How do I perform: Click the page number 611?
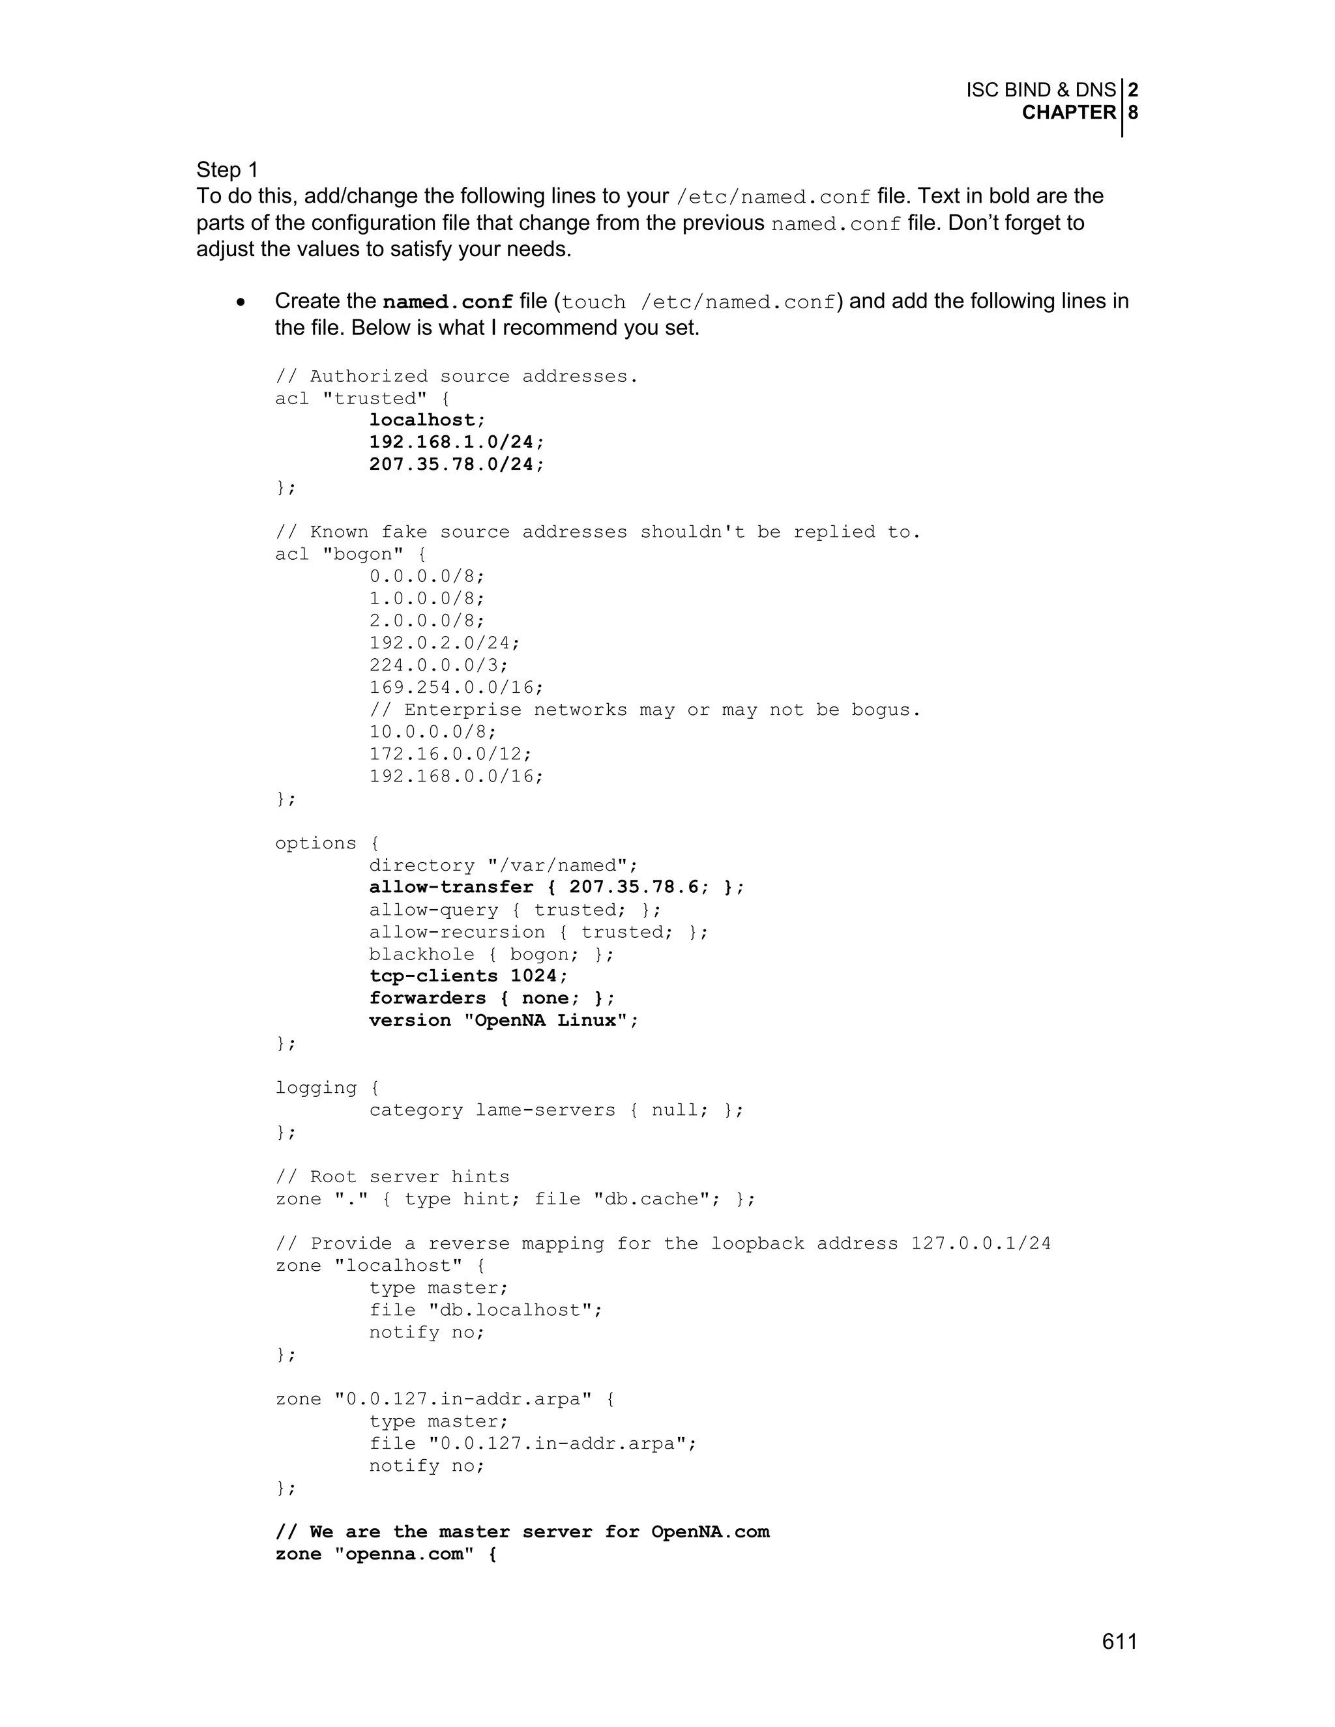click(1119, 1642)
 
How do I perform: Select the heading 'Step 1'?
click(227, 170)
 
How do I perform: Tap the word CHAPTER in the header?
click(1068, 113)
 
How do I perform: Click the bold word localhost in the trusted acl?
click(422, 420)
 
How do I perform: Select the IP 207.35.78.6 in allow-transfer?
click(634, 887)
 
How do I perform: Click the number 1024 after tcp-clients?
click(534, 976)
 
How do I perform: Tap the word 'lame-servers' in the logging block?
click(545, 1109)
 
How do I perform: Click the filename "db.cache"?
click(656, 1198)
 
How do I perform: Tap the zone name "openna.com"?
click(404, 1554)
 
